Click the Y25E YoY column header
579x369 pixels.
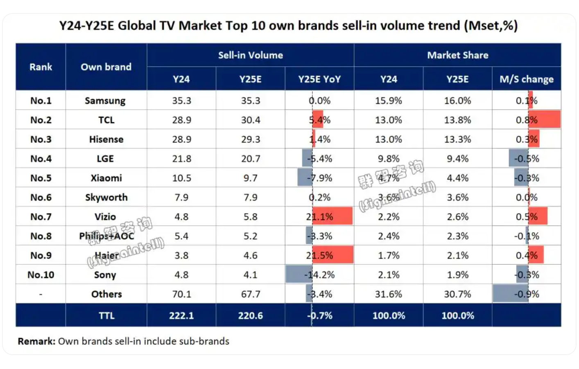click(319, 79)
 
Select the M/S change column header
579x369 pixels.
click(526, 79)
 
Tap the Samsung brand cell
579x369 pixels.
click(105, 101)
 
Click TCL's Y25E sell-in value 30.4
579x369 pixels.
click(250, 120)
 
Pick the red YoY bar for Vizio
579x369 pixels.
click(332, 216)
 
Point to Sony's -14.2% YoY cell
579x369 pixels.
click(319, 274)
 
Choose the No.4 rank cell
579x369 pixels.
click(41, 159)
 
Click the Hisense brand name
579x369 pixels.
click(106, 139)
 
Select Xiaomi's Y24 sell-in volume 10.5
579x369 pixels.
click(181, 178)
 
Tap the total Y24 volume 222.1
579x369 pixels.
click(181, 315)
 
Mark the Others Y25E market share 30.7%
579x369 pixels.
click(457, 294)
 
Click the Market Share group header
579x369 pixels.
click(457, 55)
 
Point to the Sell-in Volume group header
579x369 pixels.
click(250, 55)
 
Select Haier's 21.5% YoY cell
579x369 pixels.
click(319, 255)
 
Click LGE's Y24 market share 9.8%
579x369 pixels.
click(388, 159)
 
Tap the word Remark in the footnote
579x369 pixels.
click(36, 341)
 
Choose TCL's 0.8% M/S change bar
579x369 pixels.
click(544, 120)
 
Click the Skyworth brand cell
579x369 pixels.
click(106, 198)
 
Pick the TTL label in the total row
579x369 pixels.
click(106, 315)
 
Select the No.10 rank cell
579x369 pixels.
click(41, 274)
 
